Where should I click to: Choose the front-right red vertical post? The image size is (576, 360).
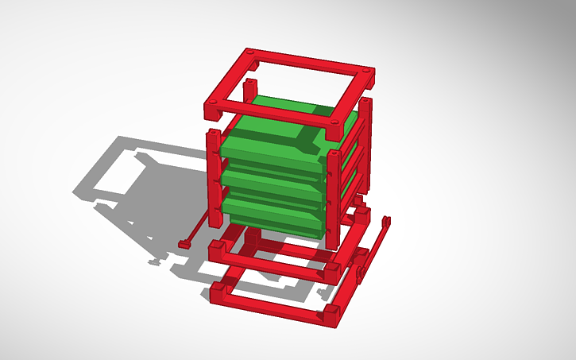[333, 191]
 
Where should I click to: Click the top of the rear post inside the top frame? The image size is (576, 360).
[251, 83]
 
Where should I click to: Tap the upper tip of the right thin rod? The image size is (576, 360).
[387, 220]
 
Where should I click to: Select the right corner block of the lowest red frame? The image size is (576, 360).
[330, 316]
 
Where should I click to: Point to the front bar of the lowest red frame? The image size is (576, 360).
[270, 306]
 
